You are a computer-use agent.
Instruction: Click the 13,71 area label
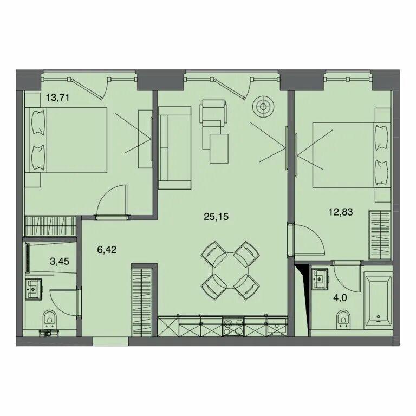click(57, 97)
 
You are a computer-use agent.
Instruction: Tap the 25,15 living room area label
click(216, 217)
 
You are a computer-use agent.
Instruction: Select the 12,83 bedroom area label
click(341, 212)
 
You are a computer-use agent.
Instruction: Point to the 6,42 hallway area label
click(107, 249)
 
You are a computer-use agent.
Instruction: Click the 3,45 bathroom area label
click(60, 261)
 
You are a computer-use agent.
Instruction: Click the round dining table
click(230, 271)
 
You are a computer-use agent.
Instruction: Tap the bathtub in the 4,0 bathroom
click(378, 301)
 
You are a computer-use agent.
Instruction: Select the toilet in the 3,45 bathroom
click(50, 320)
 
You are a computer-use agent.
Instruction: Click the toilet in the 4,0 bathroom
click(344, 320)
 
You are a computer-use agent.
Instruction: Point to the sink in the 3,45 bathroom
click(34, 289)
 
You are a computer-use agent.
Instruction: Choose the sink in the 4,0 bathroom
click(320, 279)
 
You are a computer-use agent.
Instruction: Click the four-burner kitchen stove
click(233, 327)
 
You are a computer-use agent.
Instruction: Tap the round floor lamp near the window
click(263, 107)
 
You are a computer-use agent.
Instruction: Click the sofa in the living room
click(174, 148)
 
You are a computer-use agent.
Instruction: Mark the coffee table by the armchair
click(219, 148)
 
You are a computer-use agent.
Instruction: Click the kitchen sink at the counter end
click(277, 326)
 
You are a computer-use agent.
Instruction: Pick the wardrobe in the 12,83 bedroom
click(380, 235)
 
